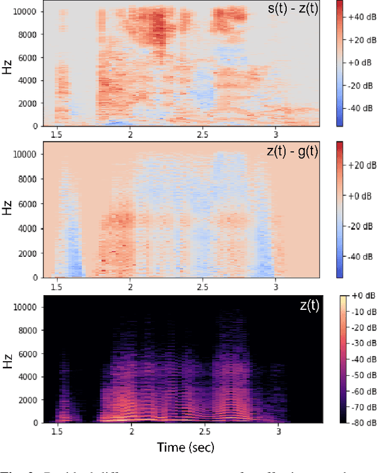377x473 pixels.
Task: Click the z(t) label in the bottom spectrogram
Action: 308,306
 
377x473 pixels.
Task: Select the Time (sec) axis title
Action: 186,447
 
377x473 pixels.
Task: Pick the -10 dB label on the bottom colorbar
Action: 358,313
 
